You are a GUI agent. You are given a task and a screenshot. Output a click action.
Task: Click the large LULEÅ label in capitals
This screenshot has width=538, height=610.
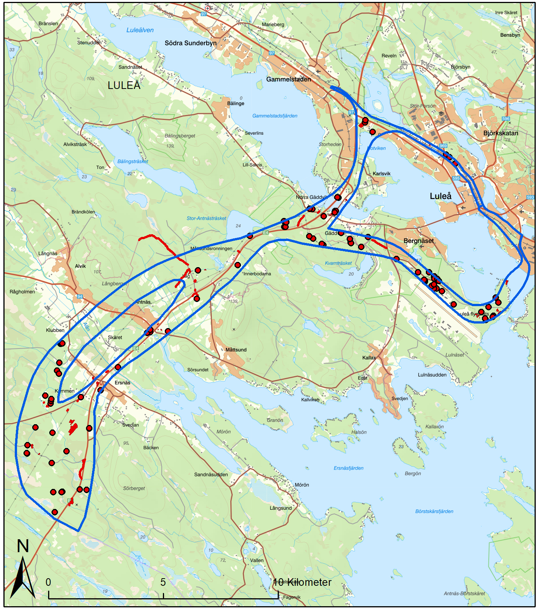(124, 86)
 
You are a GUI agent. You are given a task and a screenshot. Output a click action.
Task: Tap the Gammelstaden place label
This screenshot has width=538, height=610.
(288, 79)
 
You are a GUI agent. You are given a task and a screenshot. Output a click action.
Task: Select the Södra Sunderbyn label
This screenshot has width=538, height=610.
(191, 43)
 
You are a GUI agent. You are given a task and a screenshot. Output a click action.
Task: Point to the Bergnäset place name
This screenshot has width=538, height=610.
(419, 241)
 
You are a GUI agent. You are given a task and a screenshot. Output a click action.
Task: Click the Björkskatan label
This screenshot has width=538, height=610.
(500, 133)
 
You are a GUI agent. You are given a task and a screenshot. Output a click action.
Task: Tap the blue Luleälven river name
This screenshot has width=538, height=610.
(140, 30)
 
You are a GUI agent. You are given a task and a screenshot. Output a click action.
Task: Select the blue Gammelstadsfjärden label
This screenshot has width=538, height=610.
(275, 116)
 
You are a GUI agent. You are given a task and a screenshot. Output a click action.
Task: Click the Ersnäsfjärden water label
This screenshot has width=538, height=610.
(348, 468)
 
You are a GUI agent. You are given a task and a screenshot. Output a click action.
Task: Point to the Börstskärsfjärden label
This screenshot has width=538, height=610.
(434, 511)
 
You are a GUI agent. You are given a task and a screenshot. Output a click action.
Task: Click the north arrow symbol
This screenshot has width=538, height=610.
(23, 575)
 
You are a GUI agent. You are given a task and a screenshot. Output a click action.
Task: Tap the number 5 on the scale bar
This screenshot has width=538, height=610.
(163, 582)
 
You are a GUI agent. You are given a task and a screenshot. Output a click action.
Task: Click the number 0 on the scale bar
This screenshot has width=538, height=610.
(48, 582)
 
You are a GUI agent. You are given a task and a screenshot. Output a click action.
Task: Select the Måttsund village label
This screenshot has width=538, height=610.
(236, 350)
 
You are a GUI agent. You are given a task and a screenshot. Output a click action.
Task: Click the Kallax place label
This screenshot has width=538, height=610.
(369, 358)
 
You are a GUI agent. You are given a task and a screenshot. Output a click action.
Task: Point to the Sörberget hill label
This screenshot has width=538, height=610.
(134, 488)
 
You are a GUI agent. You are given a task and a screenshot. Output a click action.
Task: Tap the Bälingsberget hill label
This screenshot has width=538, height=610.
(180, 136)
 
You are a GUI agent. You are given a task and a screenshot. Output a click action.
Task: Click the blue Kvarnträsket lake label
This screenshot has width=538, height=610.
(338, 263)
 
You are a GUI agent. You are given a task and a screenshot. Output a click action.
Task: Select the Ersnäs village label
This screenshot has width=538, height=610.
(122, 383)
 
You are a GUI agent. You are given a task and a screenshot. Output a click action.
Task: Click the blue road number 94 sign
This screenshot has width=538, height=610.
(80, 296)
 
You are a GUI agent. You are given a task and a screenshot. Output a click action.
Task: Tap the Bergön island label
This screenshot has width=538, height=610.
(413, 473)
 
